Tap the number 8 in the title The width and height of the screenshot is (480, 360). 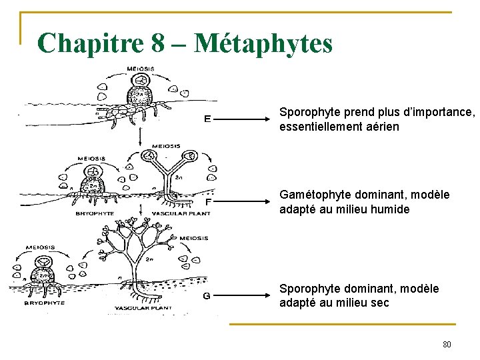[x=158, y=43]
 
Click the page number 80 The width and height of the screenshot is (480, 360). [x=447, y=345]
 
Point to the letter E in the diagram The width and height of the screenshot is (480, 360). [x=208, y=120]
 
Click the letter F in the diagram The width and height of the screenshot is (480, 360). [x=208, y=201]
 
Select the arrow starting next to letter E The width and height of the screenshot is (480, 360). [x=246, y=120]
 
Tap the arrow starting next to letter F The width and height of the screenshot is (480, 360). [x=246, y=201]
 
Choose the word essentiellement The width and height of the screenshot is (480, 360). [x=319, y=126]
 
